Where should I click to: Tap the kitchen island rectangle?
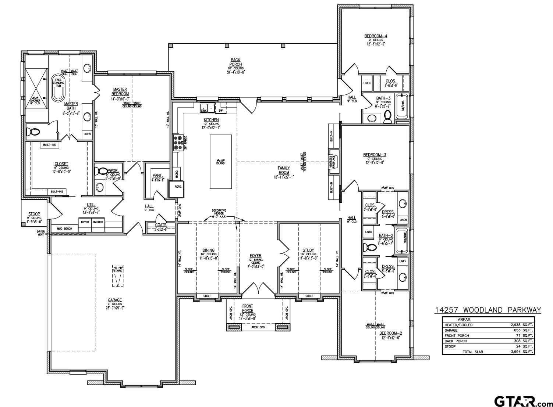221,162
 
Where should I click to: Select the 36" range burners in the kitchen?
177,143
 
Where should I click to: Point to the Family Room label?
284,170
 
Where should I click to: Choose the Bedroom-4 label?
376,36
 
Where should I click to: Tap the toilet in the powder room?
100,171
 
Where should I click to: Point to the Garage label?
115,300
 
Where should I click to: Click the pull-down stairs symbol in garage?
117,275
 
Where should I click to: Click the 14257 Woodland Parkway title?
488,310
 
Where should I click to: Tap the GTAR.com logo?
523,400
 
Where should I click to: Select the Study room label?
308,250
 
